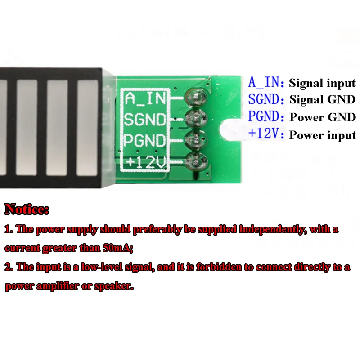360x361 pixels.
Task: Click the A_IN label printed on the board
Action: (145, 98)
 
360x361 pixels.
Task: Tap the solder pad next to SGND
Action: (196, 118)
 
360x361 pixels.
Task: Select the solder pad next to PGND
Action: (196, 139)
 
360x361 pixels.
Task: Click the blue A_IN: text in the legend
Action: (266, 83)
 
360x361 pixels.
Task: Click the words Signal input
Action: (322, 83)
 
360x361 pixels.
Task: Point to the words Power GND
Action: (322, 118)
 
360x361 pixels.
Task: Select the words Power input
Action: (322, 135)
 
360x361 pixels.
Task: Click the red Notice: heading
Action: (27, 209)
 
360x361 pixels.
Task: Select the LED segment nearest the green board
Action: (87, 128)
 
